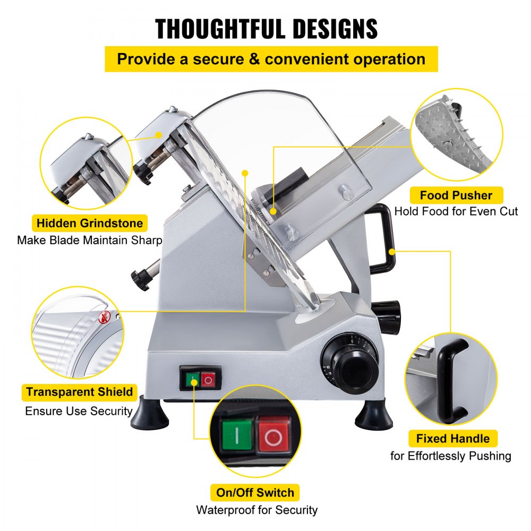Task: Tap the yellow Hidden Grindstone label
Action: (90, 224)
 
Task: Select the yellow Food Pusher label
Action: (456, 195)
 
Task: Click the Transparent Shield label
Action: (80, 392)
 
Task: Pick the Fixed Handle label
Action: (452, 439)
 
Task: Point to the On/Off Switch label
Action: (255, 492)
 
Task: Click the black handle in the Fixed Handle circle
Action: (452, 377)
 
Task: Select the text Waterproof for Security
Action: (256, 510)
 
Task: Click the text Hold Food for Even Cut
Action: (456, 211)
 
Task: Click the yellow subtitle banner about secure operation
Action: (271, 59)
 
